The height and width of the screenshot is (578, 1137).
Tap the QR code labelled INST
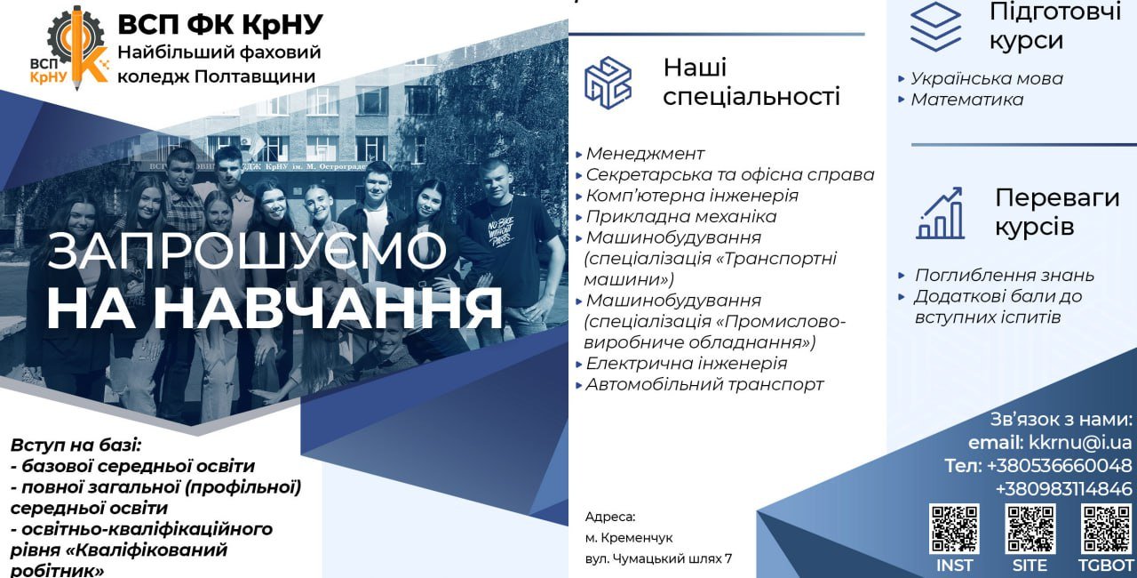954,529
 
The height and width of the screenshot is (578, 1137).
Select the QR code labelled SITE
1030,529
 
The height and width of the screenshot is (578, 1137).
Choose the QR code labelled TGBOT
1106,529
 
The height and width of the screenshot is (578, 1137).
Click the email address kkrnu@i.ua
1080,443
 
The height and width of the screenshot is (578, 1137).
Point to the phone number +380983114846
1063,488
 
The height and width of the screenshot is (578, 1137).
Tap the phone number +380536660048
1059,465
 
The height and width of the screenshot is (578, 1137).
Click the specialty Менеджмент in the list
645,153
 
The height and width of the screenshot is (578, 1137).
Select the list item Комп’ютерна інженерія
692,196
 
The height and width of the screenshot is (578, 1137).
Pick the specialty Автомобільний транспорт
704,384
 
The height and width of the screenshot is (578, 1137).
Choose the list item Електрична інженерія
687,363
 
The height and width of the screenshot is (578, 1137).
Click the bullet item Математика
967,100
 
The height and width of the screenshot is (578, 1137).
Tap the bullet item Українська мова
987,79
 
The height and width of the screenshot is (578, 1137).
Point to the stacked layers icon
935,27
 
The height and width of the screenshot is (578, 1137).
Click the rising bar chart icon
940,213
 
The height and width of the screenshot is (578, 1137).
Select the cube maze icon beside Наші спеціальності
608,83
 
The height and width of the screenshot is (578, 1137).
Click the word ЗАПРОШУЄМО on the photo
247,250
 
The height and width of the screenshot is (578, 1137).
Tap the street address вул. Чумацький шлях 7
658,558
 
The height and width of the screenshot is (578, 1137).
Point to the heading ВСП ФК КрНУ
220,24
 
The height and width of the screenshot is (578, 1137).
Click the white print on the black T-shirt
501,231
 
